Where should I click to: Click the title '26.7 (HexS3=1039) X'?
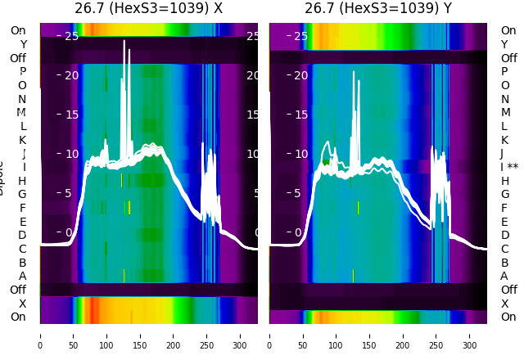pyautogui.click(x=148, y=9)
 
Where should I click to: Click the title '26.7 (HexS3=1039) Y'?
pyautogui.click(x=377, y=9)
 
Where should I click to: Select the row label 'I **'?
pyautogui.click(x=509, y=167)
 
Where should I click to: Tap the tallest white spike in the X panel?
pyautogui.click(x=124, y=41)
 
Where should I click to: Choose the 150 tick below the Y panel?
pyautogui.click(x=370, y=335)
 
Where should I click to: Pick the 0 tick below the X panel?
pyautogui.click(x=40, y=335)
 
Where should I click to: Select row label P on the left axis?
pyautogui.click(x=22, y=71)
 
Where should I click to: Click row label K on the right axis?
pyautogui.click(x=505, y=140)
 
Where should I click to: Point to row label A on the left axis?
pyautogui.click(x=22, y=276)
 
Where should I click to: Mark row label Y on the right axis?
pyautogui.click(x=505, y=44)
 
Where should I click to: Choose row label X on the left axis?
pyautogui.click(x=22, y=304)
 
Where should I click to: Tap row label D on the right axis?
pyautogui.click(x=505, y=235)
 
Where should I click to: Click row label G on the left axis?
pyautogui.click(x=22, y=194)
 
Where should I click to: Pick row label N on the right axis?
pyautogui.click(x=505, y=99)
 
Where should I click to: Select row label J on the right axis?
pyautogui.click(x=502, y=153)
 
